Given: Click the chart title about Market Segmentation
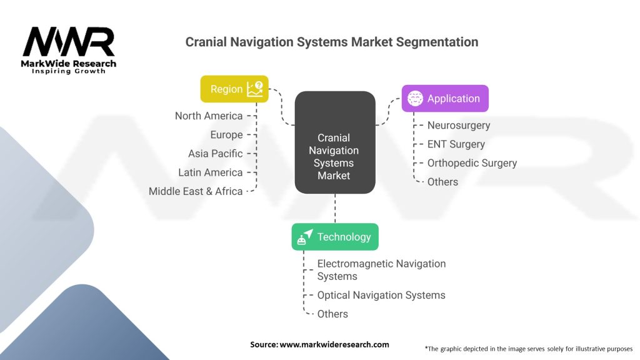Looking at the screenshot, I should [332, 42].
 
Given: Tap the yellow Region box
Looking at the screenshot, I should [234, 89].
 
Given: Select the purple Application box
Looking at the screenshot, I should [444, 99].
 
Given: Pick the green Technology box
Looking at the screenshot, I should [335, 237].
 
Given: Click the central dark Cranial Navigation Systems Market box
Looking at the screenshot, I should [334, 156].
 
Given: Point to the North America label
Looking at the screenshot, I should [209, 116].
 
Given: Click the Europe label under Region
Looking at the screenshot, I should [226, 135].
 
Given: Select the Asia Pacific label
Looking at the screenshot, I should [215, 154].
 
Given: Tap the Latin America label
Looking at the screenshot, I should [210, 172].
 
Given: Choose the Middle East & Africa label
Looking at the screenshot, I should [196, 191].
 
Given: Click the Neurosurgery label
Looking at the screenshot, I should [459, 125].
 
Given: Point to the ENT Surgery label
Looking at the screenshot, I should [456, 144].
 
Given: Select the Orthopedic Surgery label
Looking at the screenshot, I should [472, 163].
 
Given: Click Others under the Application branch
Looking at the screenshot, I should [442, 182].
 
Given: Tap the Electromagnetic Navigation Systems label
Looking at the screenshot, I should [381, 270].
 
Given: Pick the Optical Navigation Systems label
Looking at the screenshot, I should [381, 295].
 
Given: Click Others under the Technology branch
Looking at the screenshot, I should [332, 314].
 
